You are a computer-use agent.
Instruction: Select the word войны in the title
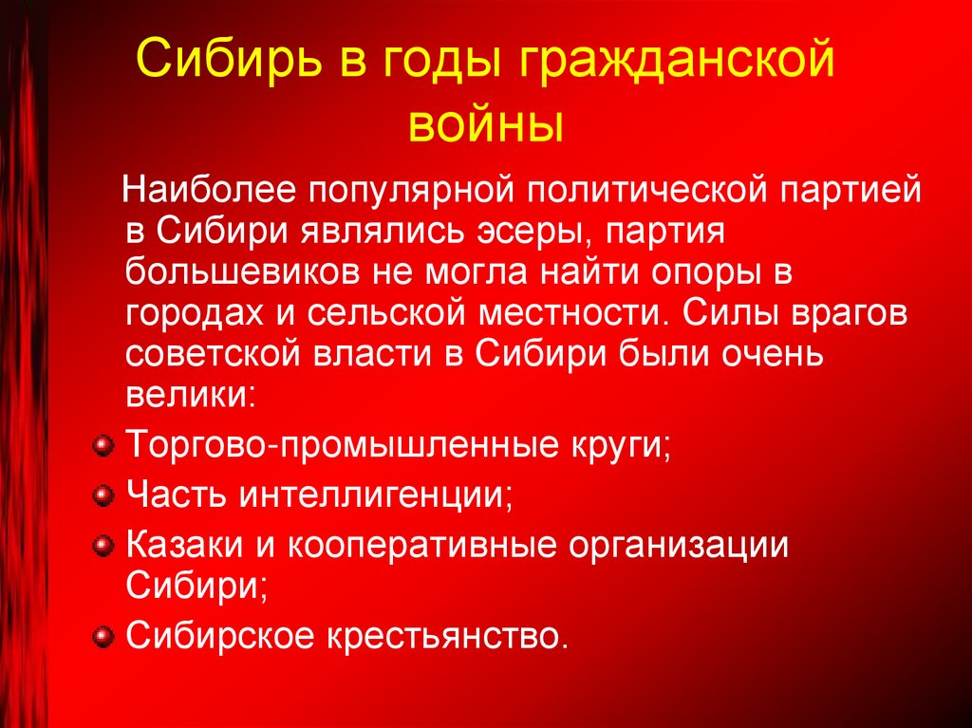[x=485, y=124]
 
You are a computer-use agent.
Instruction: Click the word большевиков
[x=232, y=273]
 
